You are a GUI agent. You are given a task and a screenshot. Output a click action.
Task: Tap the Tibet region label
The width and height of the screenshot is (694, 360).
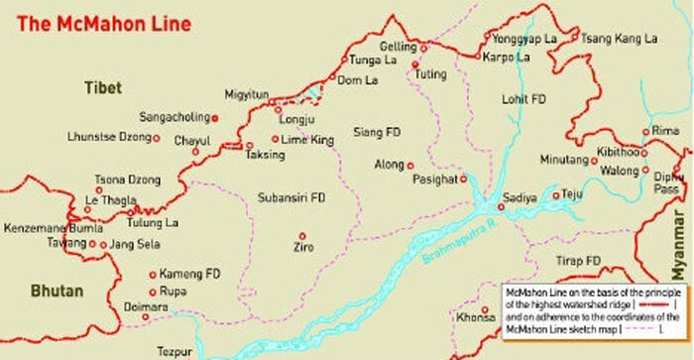point(103,88)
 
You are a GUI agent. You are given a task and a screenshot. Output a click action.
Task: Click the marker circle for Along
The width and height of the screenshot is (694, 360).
point(410,166)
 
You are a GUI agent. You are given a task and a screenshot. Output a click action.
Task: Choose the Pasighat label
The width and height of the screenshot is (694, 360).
point(436,180)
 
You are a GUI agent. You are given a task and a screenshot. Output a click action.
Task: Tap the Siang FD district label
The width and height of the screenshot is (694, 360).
point(378,132)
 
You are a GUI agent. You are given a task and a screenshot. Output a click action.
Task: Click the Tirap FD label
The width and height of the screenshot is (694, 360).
point(579,261)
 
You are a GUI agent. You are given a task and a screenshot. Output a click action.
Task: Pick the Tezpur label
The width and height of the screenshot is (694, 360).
point(175,351)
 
